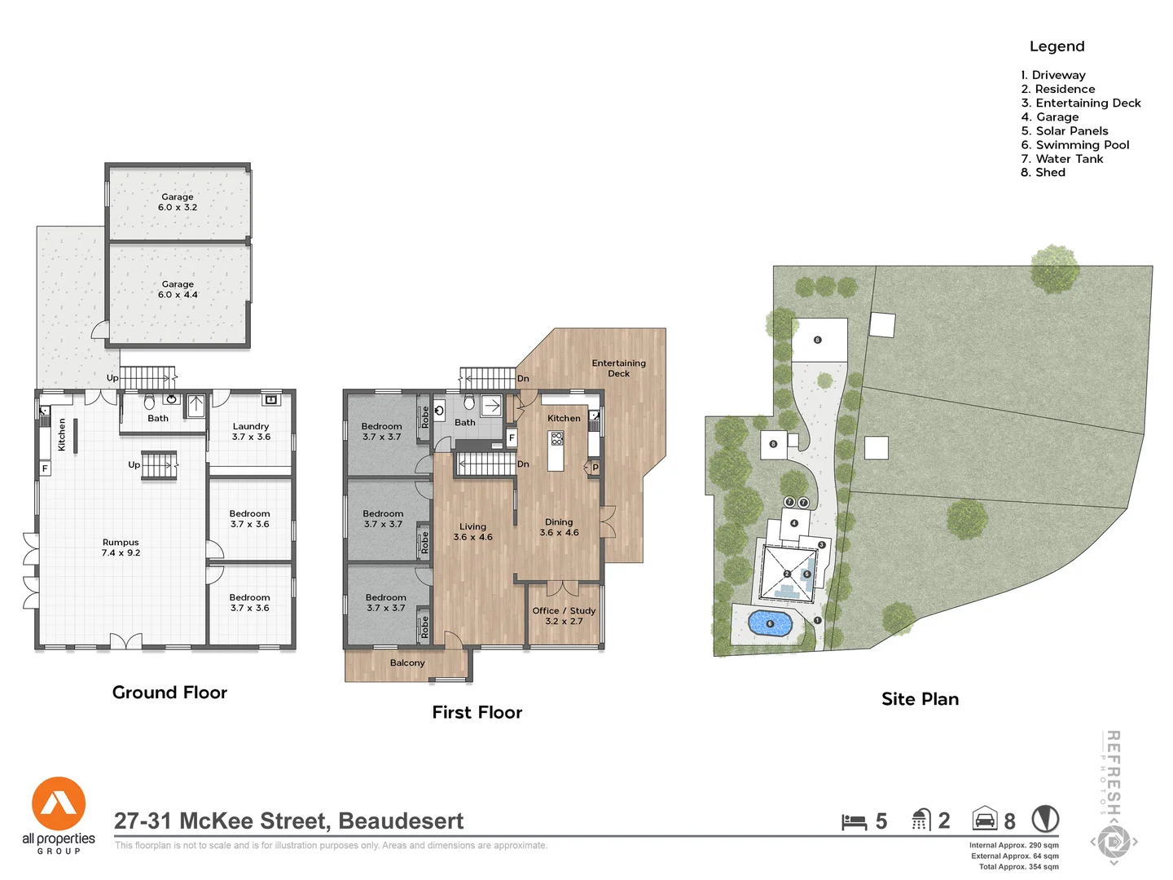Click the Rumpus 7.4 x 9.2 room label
[121, 548]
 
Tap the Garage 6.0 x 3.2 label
[178, 202]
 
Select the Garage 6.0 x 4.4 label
[178, 289]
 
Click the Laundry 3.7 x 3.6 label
[251, 432]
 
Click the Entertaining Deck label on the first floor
[618, 368]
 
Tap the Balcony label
[407, 663]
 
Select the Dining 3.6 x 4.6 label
[559, 527]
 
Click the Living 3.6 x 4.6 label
[472, 532]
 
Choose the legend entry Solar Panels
[1065, 131]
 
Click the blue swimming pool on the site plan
[770, 624]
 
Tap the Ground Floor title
[169, 693]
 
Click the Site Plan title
[920, 699]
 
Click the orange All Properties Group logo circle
[59, 803]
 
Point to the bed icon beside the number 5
[854, 821]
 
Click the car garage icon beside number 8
[984, 819]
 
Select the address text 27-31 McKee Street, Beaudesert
[288, 821]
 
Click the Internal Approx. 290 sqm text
[1013, 846]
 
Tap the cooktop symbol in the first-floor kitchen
[557, 438]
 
